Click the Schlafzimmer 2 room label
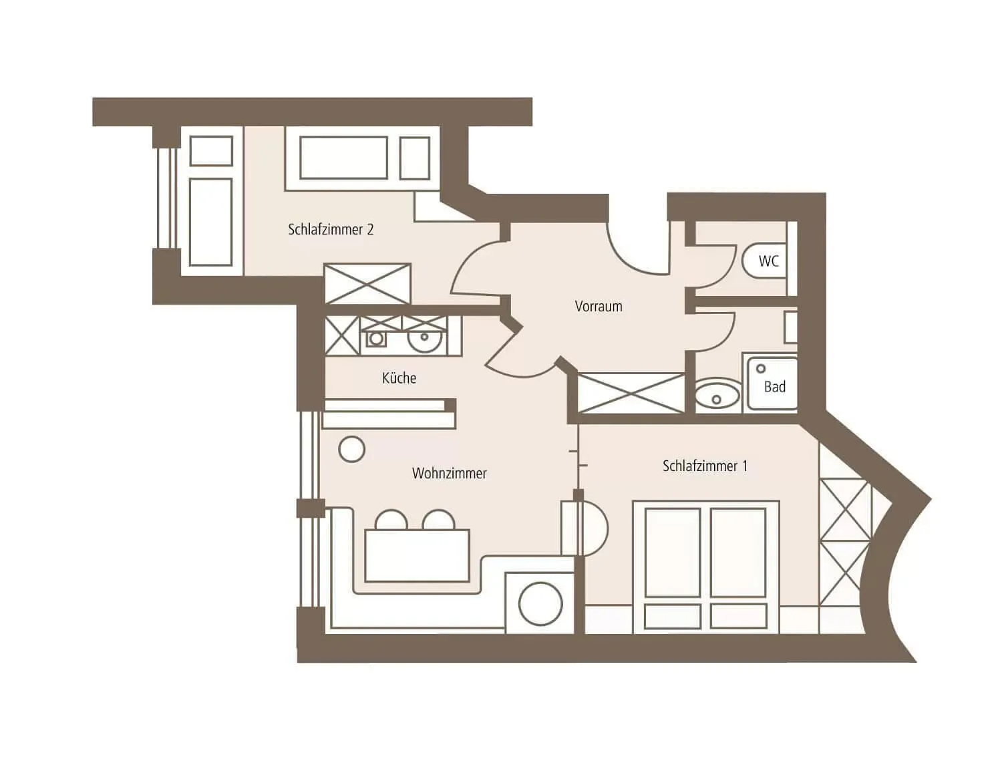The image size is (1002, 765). click(x=331, y=229)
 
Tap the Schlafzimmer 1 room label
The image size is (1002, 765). click(x=705, y=466)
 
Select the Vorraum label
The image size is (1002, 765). click(x=598, y=306)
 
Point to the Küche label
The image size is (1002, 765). click(x=399, y=378)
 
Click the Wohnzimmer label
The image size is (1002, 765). click(x=449, y=473)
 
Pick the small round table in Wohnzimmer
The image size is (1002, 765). click(x=351, y=449)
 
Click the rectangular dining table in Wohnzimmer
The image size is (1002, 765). click(x=417, y=555)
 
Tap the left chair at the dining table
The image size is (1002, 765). click(x=391, y=520)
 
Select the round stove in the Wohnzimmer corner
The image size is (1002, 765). click(x=540, y=604)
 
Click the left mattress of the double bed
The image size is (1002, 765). click(x=673, y=553)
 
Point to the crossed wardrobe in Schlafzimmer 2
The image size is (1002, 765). click(x=367, y=283)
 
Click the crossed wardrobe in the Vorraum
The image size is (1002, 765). click(x=631, y=393)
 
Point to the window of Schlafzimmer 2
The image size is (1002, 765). click(x=166, y=198)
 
